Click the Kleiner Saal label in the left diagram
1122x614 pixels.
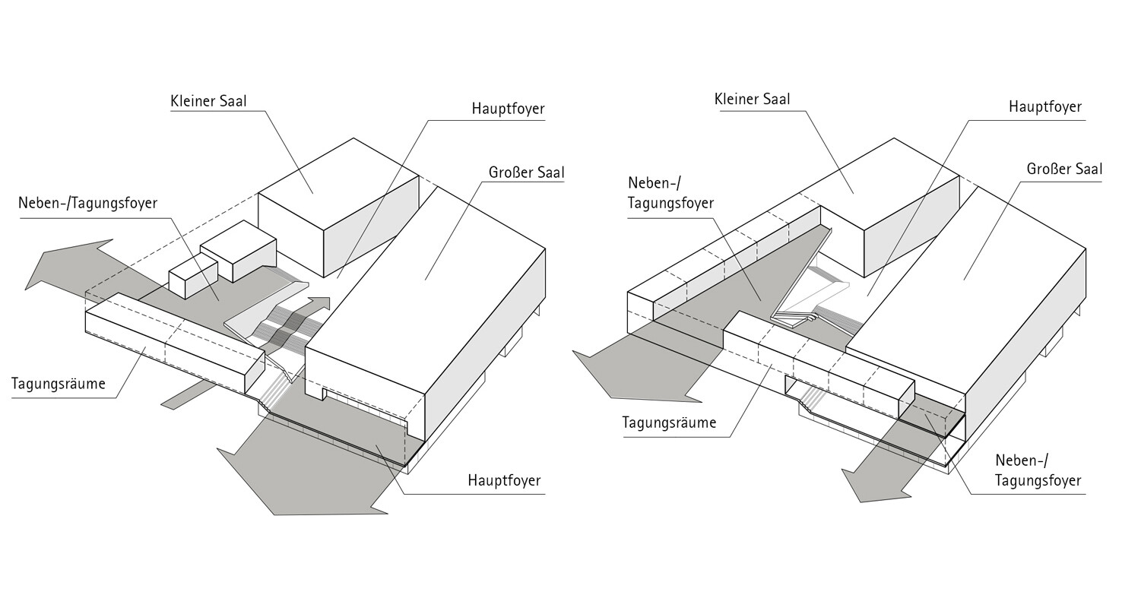(x=208, y=101)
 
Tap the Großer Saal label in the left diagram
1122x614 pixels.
(x=526, y=172)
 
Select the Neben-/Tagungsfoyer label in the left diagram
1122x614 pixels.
(x=87, y=203)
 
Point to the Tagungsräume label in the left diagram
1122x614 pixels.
(x=59, y=384)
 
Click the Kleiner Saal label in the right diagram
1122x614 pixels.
(x=752, y=100)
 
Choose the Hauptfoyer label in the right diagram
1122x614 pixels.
(x=1044, y=107)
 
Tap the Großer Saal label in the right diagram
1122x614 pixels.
(x=1063, y=169)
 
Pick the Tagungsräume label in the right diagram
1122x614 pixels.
(x=669, y=423)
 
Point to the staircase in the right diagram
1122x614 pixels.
(x=813, y=304)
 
